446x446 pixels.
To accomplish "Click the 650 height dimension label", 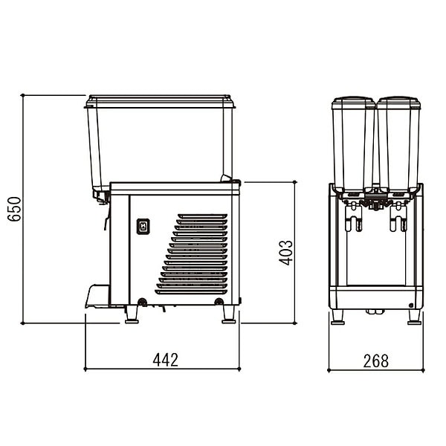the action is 14,209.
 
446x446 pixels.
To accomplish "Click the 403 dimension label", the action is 285,253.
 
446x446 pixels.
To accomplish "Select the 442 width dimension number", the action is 166,360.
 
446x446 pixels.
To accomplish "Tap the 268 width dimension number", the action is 375,361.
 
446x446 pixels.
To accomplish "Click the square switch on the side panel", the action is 143,227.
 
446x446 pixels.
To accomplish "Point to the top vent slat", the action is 202,216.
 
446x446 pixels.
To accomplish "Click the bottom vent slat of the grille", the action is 191,292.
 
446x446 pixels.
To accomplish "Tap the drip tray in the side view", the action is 97,296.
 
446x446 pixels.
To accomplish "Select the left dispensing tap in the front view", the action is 354,217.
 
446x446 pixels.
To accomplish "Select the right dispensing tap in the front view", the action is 398,217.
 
